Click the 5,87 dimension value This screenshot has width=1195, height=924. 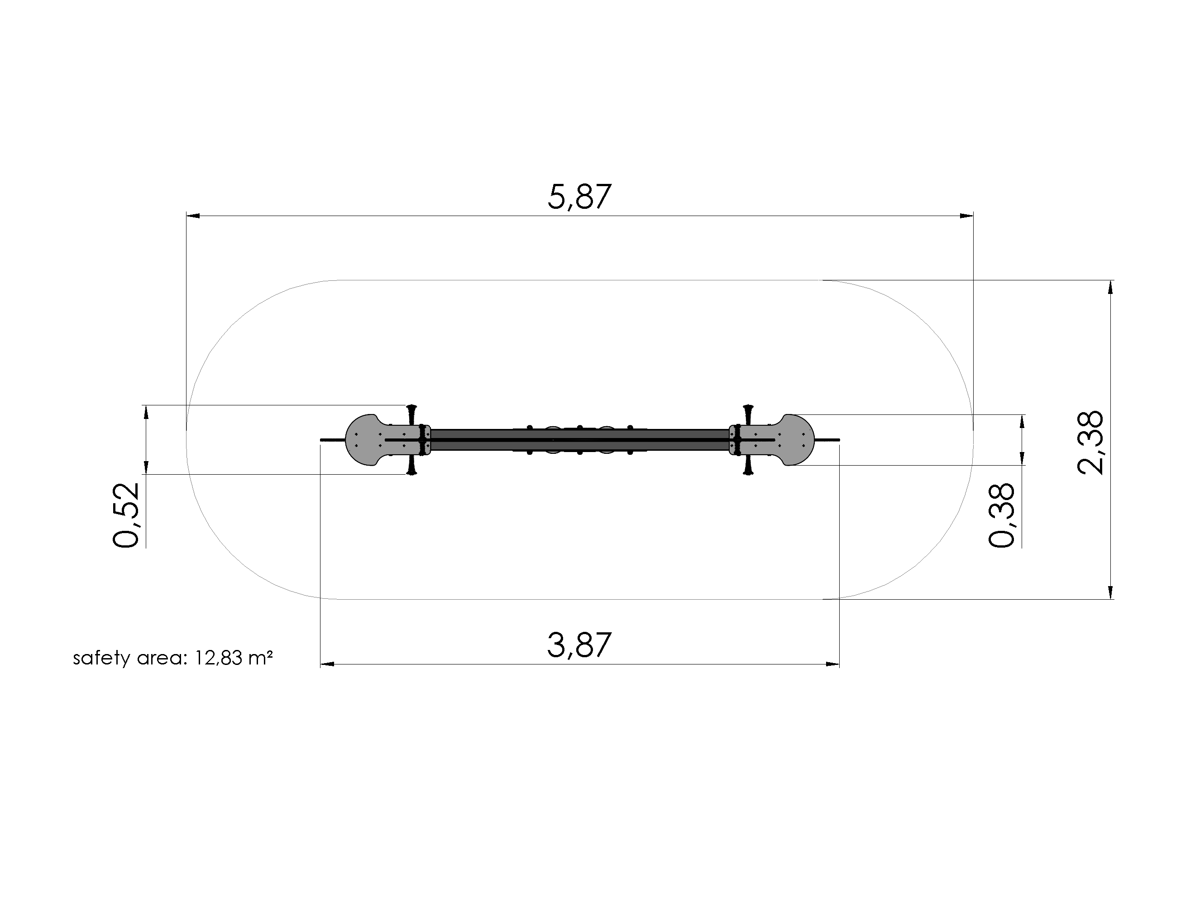(x=579, y=197)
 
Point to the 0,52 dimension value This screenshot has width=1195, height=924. (x=126, y=515)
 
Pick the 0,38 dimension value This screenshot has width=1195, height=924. (x=1002, y=515)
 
